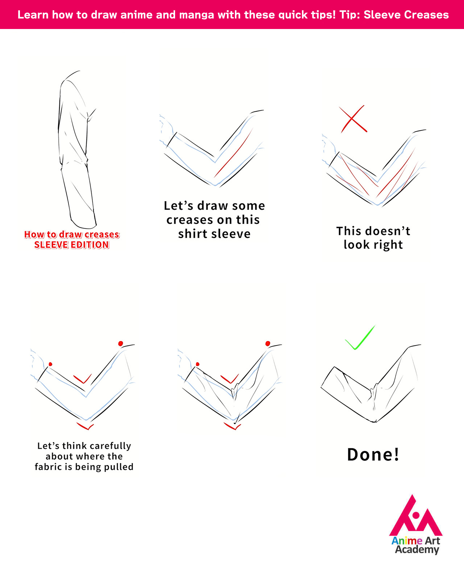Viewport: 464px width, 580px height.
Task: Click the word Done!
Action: [373, 455]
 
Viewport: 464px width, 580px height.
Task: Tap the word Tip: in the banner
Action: [350, 15]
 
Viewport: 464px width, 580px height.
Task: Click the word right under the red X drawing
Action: [388, 245]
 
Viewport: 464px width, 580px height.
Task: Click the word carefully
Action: [111, 446]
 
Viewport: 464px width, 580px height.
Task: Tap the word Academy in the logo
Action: [417, 550]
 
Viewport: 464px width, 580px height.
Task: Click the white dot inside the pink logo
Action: [416, 515]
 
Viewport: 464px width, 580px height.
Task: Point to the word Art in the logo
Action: [432, 541]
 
